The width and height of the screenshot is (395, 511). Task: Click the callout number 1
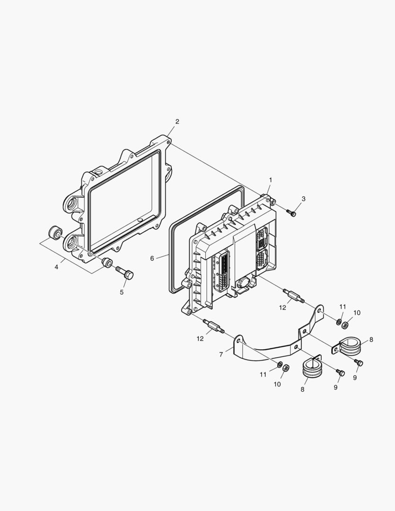coord(271,180)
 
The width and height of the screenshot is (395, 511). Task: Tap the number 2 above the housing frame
coord(177,122)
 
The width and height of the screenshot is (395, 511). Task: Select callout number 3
coord(303,199)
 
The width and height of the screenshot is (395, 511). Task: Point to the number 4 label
coord(56,267)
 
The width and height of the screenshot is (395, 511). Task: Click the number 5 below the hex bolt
coord(122,292)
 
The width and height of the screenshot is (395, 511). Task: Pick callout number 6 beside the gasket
coord(152,258)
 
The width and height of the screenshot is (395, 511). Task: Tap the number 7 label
coord(221,354)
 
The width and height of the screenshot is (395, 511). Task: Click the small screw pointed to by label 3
coord(291,212)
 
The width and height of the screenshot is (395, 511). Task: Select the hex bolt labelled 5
coord(125,273)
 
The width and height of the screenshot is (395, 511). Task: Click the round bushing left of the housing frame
coord(55,232)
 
